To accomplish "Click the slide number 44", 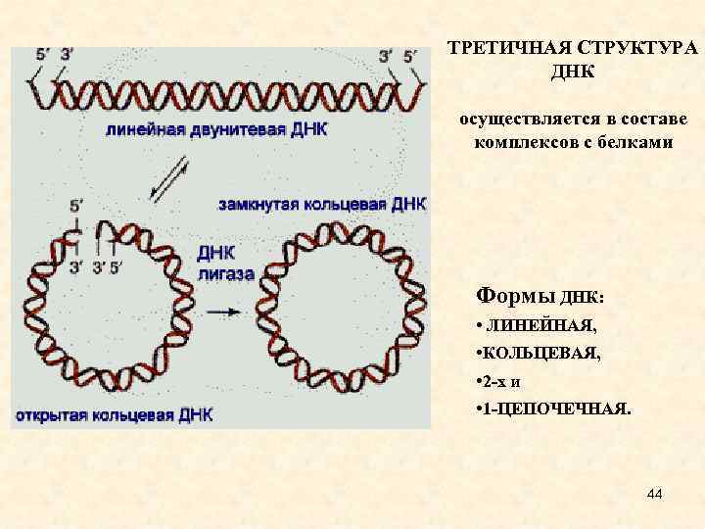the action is coord(655,497).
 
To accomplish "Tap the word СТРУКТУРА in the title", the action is coord(636,50).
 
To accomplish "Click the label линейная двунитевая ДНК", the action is coord(216,130).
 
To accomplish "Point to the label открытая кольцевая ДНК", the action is coord(113,414).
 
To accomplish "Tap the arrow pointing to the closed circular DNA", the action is coord(224,312).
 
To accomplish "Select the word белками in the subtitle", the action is coord(640,142).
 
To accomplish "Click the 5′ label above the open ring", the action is coord(75,206).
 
